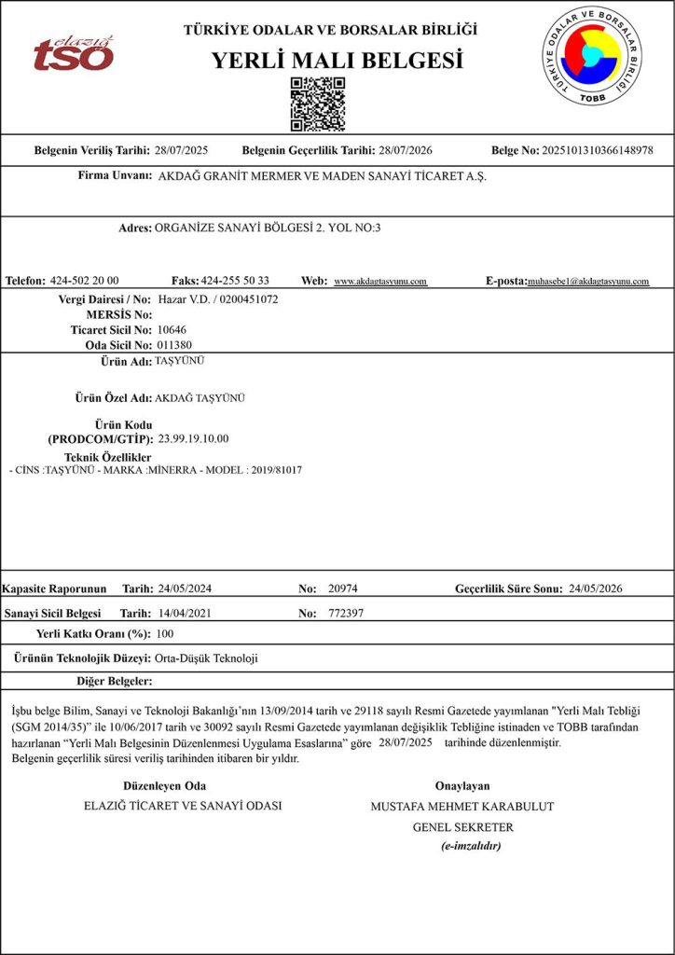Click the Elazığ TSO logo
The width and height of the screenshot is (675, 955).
[x=74, y=53]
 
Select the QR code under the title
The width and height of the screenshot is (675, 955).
[x=318, y=104]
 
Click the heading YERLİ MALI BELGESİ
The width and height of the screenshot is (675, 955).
[x=337, y=62]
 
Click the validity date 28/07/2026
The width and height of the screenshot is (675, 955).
[x=406, y=150]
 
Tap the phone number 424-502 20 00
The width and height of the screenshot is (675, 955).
[x=84, y=281]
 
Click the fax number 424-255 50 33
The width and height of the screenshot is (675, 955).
[x=235, y=281]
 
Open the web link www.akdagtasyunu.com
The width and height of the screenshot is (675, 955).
[x=380, y=282]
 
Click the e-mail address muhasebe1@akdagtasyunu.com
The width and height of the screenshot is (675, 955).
[x=588, y=282]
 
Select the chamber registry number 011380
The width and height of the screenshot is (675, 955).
[x=175, y=345]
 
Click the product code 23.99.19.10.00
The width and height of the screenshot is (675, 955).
[x=194, y=438]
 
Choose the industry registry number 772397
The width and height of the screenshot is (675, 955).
[x=346, y=615]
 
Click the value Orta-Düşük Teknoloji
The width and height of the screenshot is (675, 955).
[x=206, y=658]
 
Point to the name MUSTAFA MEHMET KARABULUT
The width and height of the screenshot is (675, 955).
[x=462, y=806]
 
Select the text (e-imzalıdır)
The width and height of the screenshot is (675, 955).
[x=471, y=846]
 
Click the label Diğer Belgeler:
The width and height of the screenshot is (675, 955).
[x=115, y=681]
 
